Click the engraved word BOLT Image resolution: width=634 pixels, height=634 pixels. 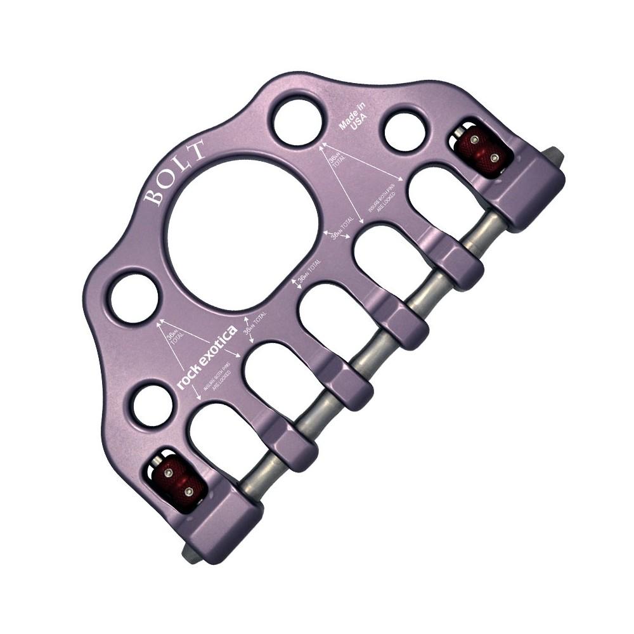click(x=174, y=173)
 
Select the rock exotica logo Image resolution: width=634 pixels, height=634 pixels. click(x=207, y=356)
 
